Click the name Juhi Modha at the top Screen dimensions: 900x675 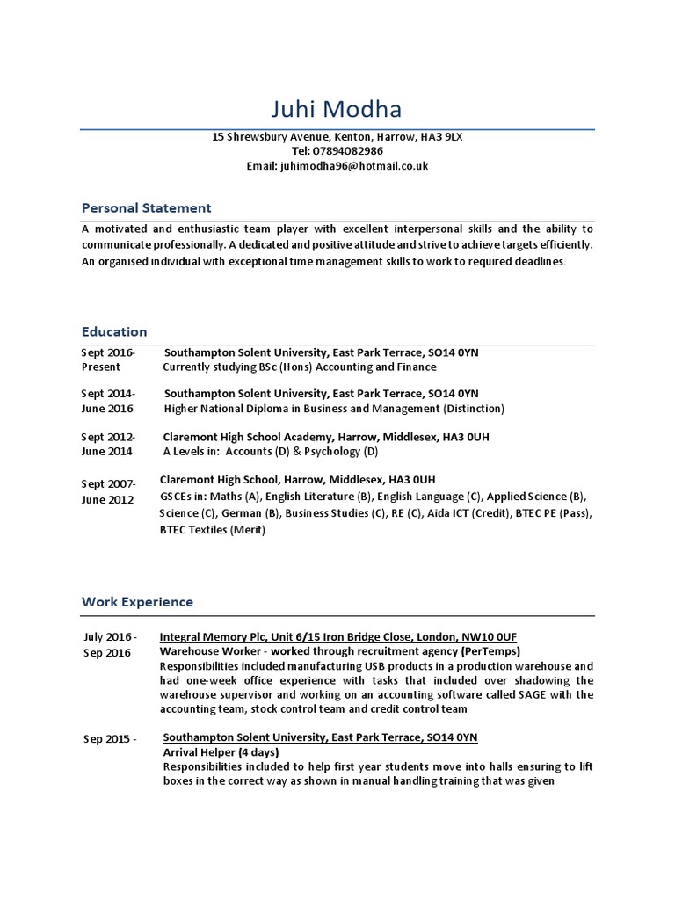tap(337, 110)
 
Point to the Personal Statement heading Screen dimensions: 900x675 tap(146, 208)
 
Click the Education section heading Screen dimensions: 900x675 tap(114, 331)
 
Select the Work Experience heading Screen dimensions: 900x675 tap(137, 602)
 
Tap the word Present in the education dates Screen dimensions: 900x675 tap(101, 367)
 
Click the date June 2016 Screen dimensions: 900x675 tap(107, 409)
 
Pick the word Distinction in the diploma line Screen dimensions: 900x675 tap(475, 409)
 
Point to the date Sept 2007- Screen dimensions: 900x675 tap(108, 484)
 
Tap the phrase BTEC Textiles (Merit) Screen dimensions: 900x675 tap(212, 530)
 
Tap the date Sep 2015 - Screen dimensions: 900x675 tap(110, 739)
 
